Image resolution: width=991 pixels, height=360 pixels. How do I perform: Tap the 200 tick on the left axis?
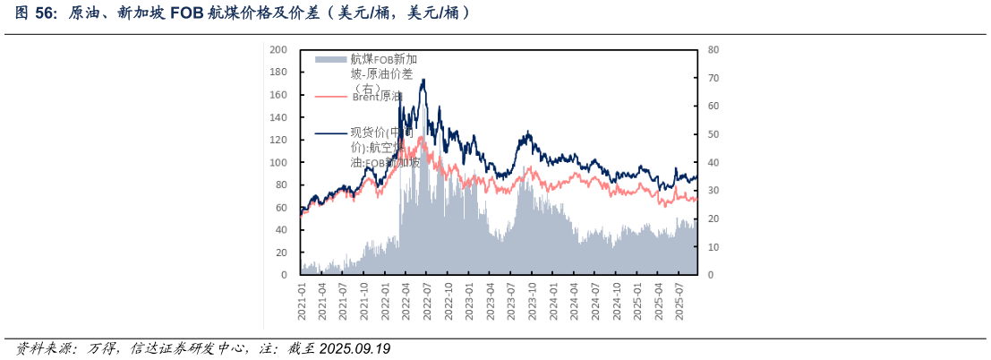[278, 50]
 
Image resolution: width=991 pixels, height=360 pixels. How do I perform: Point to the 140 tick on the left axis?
[278, 117]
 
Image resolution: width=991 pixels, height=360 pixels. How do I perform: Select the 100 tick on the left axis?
[278, 162]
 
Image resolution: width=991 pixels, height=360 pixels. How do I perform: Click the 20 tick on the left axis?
[281, 253]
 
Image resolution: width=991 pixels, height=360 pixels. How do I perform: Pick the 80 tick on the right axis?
[713, 50]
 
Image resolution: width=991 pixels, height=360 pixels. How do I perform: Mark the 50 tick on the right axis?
[713, 134]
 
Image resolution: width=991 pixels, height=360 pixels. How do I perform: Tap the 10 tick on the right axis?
[713, 246]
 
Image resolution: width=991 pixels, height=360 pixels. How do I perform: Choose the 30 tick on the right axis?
[713, 191]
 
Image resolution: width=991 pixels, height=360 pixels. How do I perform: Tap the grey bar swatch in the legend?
[330, 59]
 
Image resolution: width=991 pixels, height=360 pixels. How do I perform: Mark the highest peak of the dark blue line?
[423, 80]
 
